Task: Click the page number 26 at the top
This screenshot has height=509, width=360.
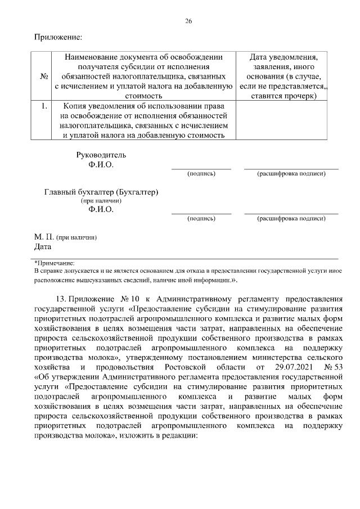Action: (x=188, y=21)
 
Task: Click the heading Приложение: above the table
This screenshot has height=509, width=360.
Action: (x=58, y=37)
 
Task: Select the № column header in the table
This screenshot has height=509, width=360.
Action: (x=43, y=76)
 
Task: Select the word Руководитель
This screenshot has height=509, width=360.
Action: (x=101, y=155)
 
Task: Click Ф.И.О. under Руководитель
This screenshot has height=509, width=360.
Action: (x=101, y=165)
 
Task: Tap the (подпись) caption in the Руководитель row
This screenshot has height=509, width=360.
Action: (x=201, y=174)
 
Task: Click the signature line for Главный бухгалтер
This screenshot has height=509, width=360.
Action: (x=201, y=213)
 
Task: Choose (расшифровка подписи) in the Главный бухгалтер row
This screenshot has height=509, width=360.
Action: (x=291, y=218)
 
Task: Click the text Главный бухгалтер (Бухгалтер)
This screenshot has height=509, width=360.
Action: (x=101, y=192)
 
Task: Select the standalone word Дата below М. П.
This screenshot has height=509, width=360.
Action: (x=43, y=246)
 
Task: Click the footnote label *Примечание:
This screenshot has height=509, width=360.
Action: (x=54, y=262)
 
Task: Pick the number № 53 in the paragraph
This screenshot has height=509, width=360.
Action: (x=333, y=367)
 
